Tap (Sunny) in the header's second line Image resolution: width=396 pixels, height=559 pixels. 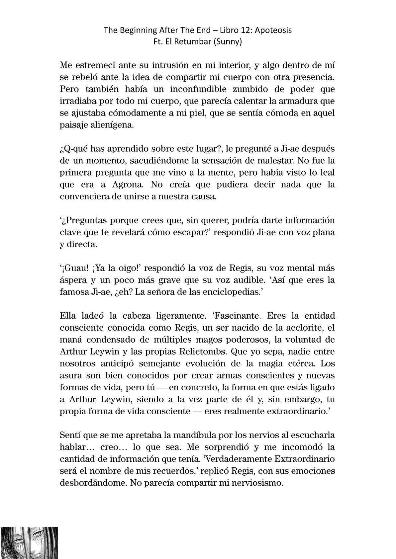click(x=228, y=42)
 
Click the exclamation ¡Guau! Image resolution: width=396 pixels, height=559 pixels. click(x=74, y=268)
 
